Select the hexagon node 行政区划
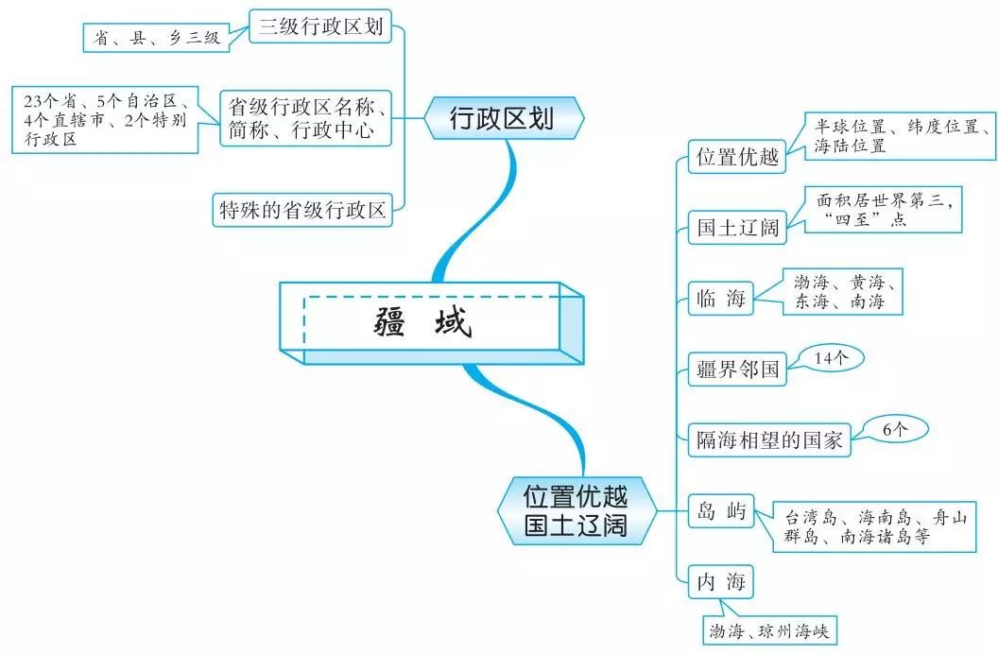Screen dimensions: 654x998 click(x=502, y=118)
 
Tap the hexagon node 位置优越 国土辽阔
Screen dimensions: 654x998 click(x=576, y=509)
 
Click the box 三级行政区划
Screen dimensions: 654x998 click(x=320, y=27)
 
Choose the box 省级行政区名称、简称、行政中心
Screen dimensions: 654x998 click(x=305, y=118)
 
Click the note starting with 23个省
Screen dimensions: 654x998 click(x=106, y=119)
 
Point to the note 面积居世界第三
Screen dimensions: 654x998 click(x=884, y=209)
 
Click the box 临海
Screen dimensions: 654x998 click(x=720, y=299)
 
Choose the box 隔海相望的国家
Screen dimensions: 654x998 click(x=768, y=439)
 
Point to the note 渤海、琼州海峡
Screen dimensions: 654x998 click(x=769, y=628)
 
